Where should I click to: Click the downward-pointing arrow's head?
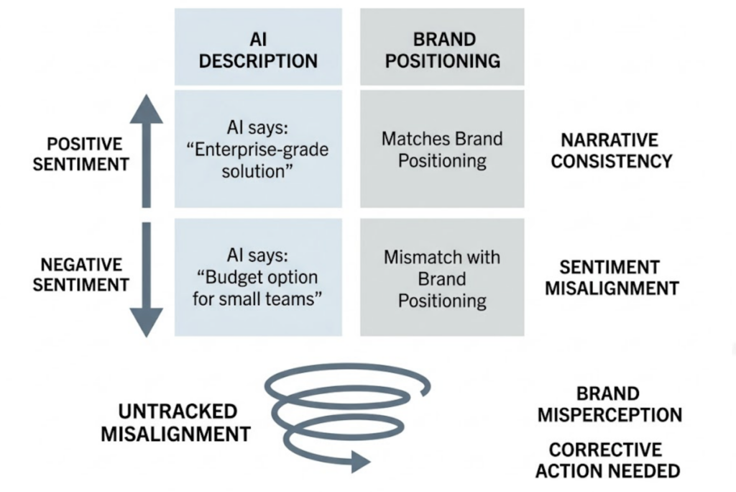point(147,322)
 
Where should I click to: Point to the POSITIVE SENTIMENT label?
point(80,154)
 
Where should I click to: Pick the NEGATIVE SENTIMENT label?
point(80,275)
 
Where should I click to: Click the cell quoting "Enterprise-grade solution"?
point(258,149)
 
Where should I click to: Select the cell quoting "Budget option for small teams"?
point(258,278)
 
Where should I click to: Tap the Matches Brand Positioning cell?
point(442,149)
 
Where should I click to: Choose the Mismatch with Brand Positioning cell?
point(442,278)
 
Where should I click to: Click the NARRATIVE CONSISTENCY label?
point(610,150)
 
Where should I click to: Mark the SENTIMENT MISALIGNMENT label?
point(610,278)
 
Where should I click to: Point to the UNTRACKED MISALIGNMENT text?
point(175,422)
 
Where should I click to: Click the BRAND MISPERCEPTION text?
point(610,404)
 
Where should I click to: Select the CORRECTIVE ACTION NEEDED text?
point(610,460)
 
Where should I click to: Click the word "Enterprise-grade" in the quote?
point(258,149)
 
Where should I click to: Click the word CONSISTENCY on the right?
point(610,160)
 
